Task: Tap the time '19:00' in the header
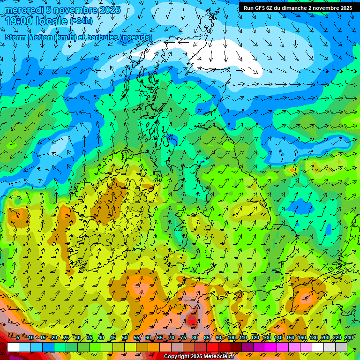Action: pyautogui.click(x=19, y=21)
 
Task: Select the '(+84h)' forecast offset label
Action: pyautogui.click(x=81, y=21)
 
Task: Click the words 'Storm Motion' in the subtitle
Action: pyautogui.click(x=29, y=37)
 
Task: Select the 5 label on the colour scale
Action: pyautogui.click(x=17, y=337)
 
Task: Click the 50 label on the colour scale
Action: pyautogui.click(x=125, y=337)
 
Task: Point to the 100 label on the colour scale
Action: pyautogui.click(x=232, y=337)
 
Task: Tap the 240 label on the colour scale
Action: pyautogui.click(x=349, y=337)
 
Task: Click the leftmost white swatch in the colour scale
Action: pyautogui.click(x=13, y=347)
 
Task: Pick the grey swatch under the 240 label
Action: pyautogui.click(x=341, y=347)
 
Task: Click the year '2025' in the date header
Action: pyautogui.click(x=109, y=10)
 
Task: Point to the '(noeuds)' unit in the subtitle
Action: pyautogui.click(x=136, y=37)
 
